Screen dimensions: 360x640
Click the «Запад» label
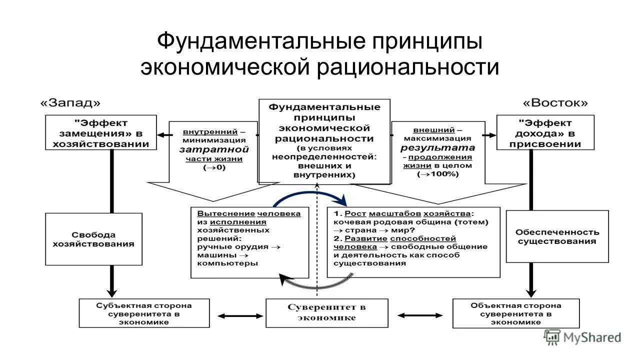point(70,103)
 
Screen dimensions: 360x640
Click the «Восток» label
point(555,103)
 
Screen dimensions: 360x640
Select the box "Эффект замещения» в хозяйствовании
point(100,132)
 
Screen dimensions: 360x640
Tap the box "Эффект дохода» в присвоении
point(545,132)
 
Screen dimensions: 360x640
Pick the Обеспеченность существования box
point(557,236)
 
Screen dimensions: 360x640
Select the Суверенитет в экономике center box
point(326,312)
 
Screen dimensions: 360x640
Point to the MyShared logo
point(582,337)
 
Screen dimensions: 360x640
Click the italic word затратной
point(214,149)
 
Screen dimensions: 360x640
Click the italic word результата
point(437,147)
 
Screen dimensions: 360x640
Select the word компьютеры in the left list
point(228,263)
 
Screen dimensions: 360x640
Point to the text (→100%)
point(438,174)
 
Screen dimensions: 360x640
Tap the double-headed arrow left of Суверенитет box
point(241,315)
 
